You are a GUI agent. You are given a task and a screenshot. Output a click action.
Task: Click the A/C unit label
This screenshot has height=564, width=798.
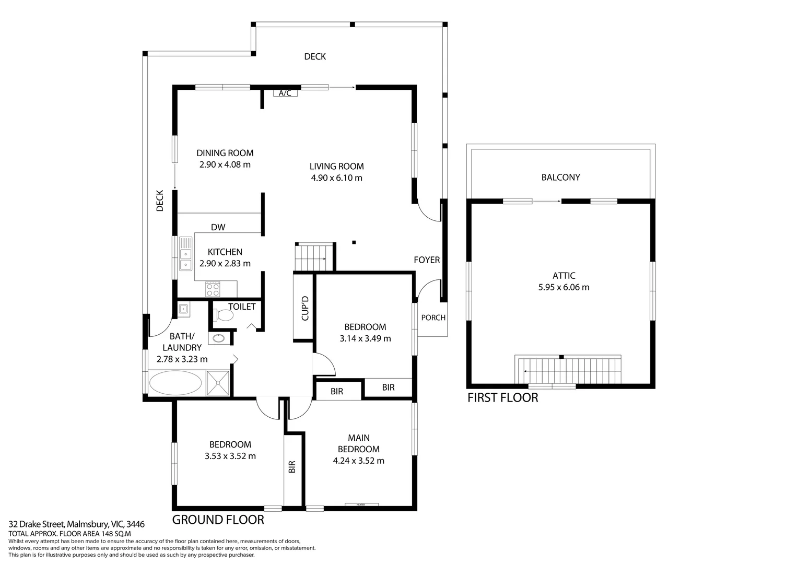285,93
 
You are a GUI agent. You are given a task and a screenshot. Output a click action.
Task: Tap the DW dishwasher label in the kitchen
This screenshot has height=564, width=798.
218,227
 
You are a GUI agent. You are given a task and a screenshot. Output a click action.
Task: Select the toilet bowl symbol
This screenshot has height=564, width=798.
224,315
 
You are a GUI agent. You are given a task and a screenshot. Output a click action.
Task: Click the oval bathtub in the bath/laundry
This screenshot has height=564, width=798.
175,383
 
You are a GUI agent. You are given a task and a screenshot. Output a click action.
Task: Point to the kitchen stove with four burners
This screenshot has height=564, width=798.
213,289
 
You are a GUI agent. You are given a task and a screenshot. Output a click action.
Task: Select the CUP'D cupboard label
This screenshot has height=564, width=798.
305,308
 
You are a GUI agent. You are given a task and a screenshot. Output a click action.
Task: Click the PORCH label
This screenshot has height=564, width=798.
433,318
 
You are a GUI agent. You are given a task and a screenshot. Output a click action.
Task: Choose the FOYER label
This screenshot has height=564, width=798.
427,260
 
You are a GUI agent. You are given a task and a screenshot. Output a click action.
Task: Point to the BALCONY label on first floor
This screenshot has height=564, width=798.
560,178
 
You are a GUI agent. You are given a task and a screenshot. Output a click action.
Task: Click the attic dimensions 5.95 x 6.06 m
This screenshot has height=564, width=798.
564,287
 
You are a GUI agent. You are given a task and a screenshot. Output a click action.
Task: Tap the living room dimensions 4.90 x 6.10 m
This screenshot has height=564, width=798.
336,178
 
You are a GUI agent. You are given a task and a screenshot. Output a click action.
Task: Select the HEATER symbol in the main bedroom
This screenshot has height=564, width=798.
361,504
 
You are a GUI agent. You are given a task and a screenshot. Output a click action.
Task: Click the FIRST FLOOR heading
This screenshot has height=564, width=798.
502,398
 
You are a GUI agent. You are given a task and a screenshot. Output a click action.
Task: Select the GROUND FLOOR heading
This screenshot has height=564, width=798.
218,520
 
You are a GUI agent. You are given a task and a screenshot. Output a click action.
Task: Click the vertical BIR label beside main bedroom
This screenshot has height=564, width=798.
292,466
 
